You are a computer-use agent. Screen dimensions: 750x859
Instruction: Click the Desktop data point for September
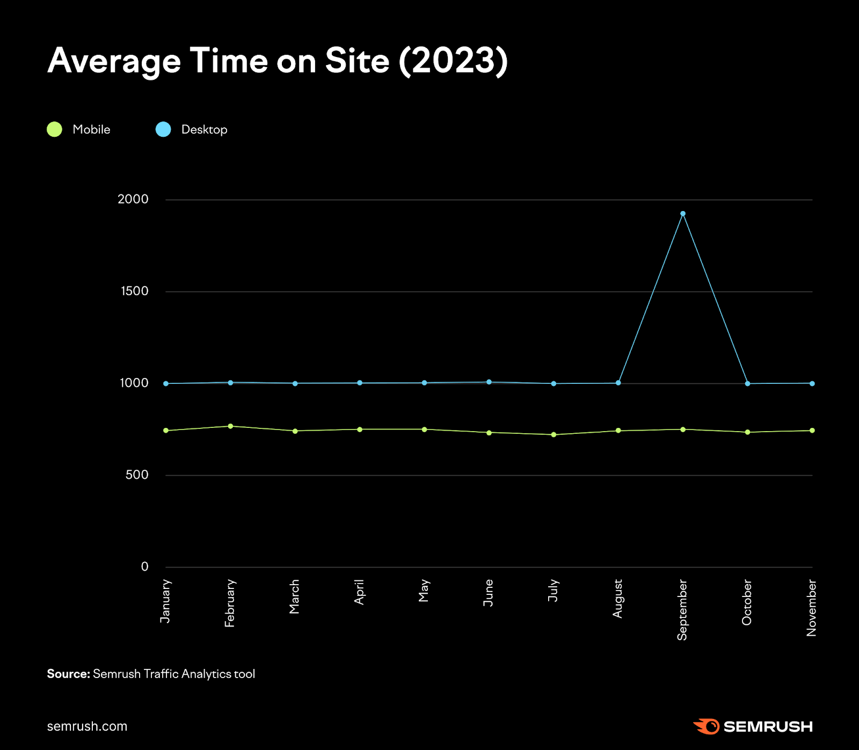tap(683, 214)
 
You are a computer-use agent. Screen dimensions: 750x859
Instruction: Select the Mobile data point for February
tap(230, 426)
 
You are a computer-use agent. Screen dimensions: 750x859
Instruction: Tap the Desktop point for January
tap(166, 384)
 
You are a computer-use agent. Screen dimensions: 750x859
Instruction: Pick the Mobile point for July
tap(554, 435)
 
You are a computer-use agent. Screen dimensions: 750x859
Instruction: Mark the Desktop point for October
tap(747, 384)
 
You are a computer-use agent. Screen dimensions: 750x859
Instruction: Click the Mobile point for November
tap(812, 431)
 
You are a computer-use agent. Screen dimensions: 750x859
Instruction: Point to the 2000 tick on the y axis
tap(133, 199)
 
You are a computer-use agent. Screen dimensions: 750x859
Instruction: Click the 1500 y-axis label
tap(134, 291)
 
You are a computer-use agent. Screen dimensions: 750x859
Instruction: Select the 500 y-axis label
tap(136, 475)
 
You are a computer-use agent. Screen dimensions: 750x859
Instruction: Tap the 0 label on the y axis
tap(144, 566)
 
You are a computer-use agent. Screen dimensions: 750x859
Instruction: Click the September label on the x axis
tap(682, 609)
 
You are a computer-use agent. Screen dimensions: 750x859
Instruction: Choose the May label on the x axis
tap(424, 591)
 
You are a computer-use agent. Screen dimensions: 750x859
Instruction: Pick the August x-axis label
tap(617, 598)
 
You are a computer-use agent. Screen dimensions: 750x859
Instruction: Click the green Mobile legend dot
tap(55, 129)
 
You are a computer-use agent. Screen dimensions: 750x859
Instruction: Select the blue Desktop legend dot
tap(163, 129)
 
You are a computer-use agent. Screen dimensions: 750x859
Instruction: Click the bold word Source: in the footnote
tap(68, 674)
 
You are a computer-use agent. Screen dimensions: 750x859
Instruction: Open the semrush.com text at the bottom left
tap(87, 726)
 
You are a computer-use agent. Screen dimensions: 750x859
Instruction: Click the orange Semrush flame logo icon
tap(707, 726)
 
